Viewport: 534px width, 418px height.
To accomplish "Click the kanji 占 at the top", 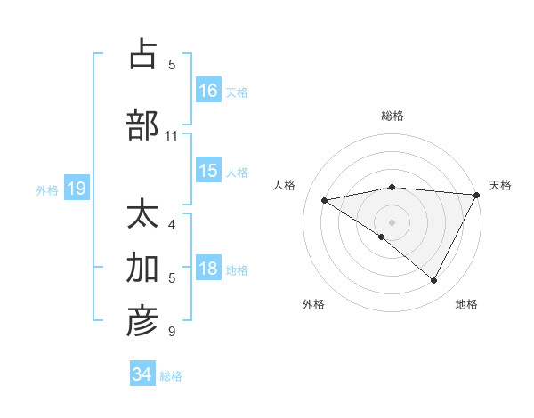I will (142, 54).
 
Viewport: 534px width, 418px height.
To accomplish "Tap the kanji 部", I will (142, 125).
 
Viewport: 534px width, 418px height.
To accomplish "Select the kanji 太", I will (142, 216).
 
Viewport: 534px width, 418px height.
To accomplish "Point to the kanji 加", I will (142, 268).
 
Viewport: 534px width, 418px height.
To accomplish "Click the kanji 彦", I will (142, 321).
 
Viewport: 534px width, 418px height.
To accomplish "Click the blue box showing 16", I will (208, 90).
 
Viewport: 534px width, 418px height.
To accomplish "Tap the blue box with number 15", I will (208, 171).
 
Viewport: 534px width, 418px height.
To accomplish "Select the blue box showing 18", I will (208, 269).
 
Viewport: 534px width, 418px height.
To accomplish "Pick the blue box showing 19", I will (76, 189).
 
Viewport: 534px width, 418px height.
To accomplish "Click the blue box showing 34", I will (142, 374).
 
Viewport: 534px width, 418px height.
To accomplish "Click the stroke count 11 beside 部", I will (172, 136).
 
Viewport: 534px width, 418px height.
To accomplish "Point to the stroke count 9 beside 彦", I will (172, 332).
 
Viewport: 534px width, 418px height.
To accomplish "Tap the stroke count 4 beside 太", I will (172, 225).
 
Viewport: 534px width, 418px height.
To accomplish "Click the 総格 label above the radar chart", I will (392, 116).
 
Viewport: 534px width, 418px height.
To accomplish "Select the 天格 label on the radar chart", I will (500, 185).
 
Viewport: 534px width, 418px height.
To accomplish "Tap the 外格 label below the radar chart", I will (313, 305).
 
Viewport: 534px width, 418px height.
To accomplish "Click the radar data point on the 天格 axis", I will (476, 195).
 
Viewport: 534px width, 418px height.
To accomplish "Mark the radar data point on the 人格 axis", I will (325, 200).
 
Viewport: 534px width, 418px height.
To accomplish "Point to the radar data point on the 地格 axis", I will (434, 281).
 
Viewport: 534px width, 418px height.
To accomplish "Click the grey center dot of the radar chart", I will (392, 221).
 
